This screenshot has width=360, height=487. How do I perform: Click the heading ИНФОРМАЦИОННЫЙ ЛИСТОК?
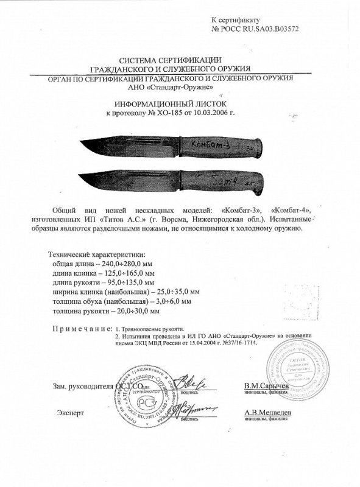170,104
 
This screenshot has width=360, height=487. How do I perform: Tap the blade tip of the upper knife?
82,142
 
